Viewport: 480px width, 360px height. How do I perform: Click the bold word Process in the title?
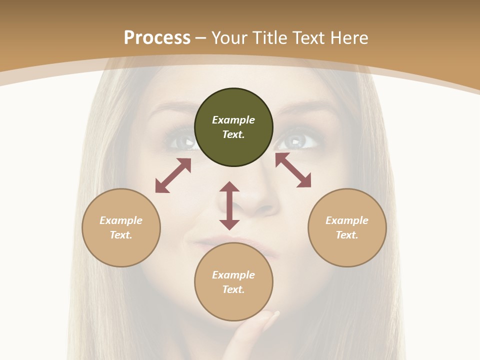[157, 38]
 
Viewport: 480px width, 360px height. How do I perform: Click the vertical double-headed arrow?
[229, 205]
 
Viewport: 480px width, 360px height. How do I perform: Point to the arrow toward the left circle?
[173, 175]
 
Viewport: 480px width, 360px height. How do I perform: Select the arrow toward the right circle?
[293, 170]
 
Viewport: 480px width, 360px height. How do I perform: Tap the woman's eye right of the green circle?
[298, 140]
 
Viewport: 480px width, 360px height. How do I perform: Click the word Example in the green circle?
[233, 120]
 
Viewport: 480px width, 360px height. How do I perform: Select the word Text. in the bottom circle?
[233, 289]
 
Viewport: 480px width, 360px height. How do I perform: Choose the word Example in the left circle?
[121, 220]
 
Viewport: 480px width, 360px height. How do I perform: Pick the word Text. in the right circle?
[347, 235]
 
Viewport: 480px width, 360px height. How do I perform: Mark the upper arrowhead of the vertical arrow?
[229, 187]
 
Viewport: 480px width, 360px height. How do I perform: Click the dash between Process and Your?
[201, 38]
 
